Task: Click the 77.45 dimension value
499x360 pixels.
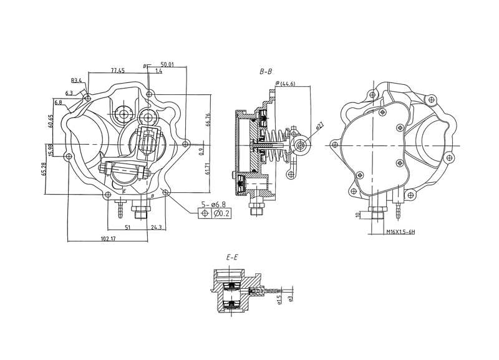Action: [x=118, y=70]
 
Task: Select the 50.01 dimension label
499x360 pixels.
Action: [x=167, y=64]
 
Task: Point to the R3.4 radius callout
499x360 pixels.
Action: [x=77, y=80]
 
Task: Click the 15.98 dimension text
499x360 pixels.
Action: [x=51, y=150]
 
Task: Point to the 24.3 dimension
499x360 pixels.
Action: [x=156, y=228]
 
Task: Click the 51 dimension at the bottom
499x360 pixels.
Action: [x=127, y=228]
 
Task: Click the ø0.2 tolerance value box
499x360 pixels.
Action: [x=221, y=214]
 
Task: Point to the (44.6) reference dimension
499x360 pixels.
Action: [x=287, y=84]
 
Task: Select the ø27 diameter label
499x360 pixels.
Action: [x=318, y=126]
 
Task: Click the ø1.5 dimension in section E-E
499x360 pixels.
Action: [x=280, y=301]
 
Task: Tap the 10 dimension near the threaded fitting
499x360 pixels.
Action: [x=356, y=215]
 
